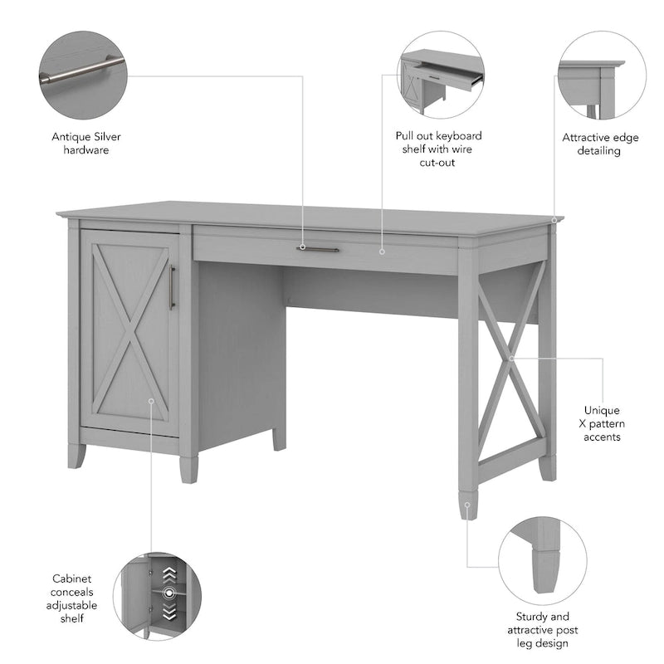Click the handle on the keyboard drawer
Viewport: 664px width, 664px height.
[x=319, y=248]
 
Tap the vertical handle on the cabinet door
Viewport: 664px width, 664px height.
[x=172, y=287]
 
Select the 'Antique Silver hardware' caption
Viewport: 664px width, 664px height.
[x=81, y=143]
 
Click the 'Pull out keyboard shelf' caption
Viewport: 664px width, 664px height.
[x=438, y=149]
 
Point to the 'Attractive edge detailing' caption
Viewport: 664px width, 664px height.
[x=601, y=144]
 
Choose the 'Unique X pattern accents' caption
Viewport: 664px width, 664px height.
[x=602, y=423]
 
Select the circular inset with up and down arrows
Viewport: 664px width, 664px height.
[x=157, y=597]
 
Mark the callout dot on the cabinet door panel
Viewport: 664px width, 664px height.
[x=151, y=400]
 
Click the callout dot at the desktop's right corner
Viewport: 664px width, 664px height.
[x=554, y=221]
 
